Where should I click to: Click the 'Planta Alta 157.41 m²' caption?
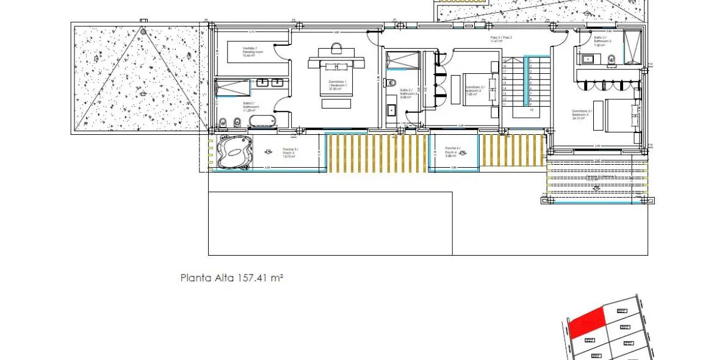pos(232,278)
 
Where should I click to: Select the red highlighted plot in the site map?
pos(586,322)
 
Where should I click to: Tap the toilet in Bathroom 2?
pos(393,83)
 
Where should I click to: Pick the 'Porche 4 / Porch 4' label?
pos(452,151)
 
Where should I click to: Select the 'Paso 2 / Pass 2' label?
pos(501,39)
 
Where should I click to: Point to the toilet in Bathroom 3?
pos(610,59)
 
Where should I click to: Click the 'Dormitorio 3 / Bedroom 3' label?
pos(580,114)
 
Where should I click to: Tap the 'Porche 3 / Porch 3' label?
pos(289,152)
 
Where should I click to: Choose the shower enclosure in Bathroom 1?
pos(233,88)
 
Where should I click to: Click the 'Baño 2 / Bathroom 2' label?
pos(408,93)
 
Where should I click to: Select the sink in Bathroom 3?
pos(587,59)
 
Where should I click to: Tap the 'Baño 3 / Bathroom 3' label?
pos(600,40)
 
